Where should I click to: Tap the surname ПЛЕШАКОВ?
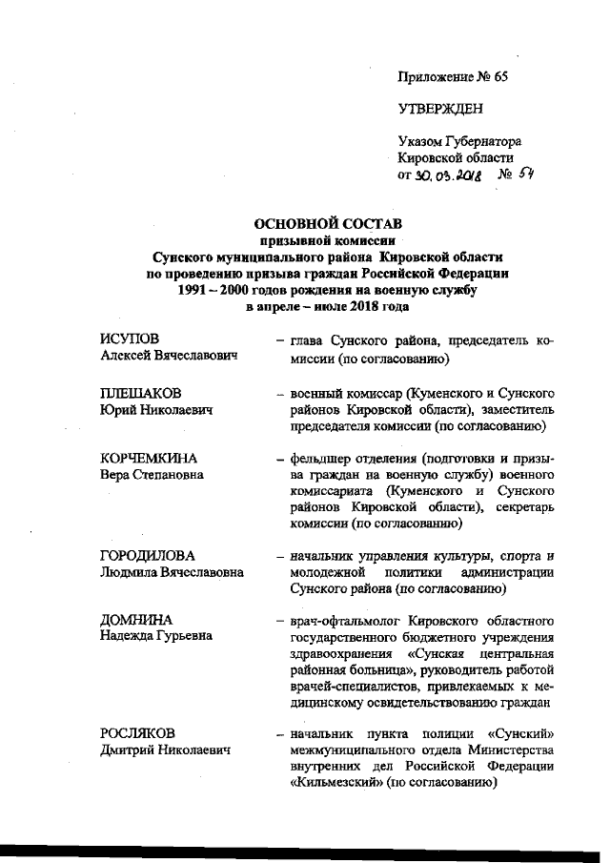tap(136, 393)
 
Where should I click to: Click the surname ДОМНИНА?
tap(132, 621)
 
